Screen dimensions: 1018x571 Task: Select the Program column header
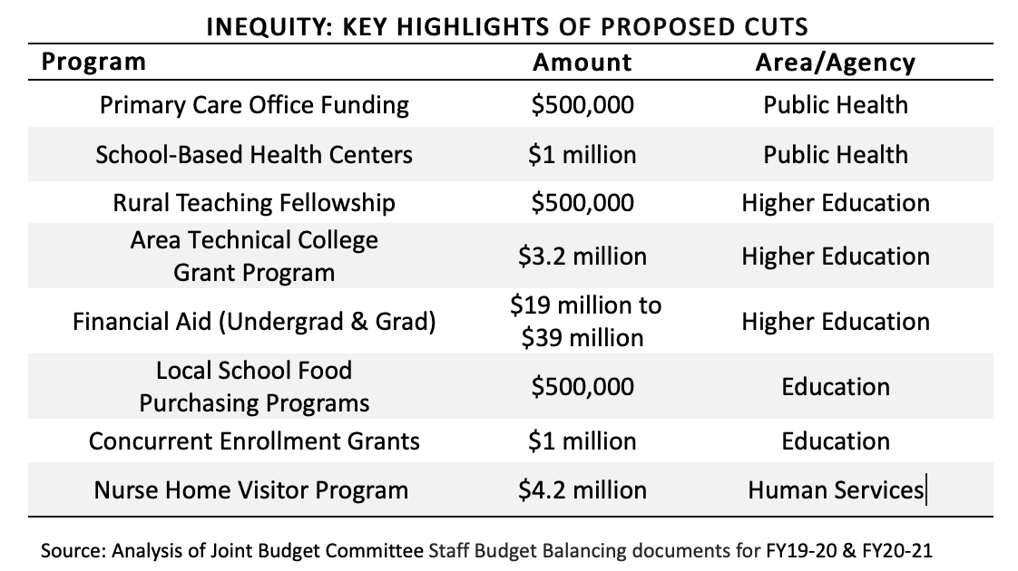click(x=93, y=63)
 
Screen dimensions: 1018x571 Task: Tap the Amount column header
click(x=582, y=63)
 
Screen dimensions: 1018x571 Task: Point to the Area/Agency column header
click(x=836, y=63)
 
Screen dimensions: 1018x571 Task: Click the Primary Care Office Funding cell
click(x=254, y=105)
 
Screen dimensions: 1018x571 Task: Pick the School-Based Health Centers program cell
click(x=254, y=154)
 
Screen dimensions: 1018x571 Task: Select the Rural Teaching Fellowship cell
click(x=254, y=203)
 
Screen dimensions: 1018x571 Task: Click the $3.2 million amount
click(x=582, y=256)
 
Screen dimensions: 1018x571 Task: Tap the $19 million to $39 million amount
click(x=585, y=321)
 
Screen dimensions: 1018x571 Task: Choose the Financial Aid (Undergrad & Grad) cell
click(x=254, y=322)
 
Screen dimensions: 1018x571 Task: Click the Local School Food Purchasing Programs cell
click(x=254, y=387)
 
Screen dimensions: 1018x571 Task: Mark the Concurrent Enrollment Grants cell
click(x=254, y=441)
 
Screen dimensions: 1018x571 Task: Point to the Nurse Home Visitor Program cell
click(x=250, y=490)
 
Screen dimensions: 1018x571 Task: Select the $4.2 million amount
click(x=582, y=490)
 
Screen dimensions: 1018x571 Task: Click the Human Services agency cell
click(x=836, y=490)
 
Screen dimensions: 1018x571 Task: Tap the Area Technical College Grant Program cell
click(x=254, y=256)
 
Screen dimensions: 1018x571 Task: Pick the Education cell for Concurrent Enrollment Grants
click(x=836, y=441)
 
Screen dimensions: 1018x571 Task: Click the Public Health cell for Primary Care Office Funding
click(x=836, y=105)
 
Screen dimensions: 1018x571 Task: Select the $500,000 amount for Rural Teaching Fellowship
click(x=582, y=203)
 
